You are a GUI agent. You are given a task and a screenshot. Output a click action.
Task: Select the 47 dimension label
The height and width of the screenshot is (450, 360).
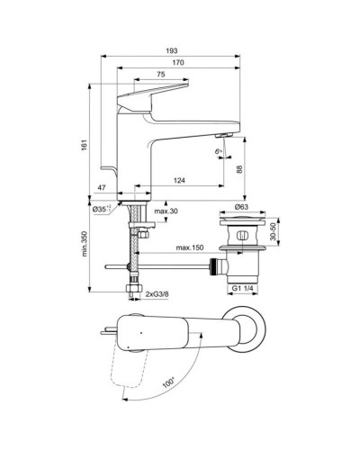[102, 186]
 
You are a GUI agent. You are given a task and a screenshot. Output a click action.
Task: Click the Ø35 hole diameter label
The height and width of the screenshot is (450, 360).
[101, 209]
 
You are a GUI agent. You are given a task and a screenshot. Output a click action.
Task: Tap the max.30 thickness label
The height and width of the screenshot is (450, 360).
[165, 211]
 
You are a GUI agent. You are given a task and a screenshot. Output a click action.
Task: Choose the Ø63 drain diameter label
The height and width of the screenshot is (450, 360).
[242, 208]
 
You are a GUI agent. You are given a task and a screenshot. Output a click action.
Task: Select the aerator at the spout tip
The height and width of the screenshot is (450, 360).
[223, 133]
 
